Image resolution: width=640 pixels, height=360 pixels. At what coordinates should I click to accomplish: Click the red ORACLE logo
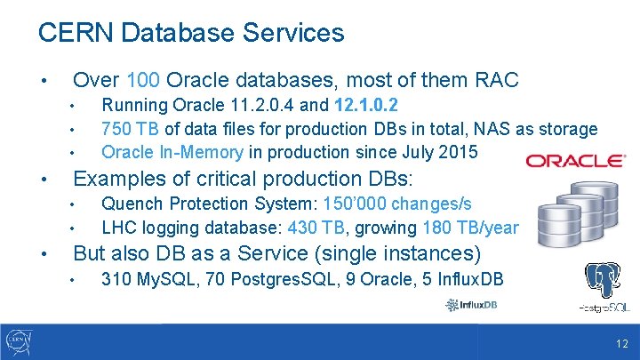tap(575, 161)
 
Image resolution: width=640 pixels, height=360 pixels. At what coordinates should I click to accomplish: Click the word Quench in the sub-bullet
tap(132, 204)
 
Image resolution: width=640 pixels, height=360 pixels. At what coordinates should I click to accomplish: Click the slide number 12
tap(621, 344)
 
